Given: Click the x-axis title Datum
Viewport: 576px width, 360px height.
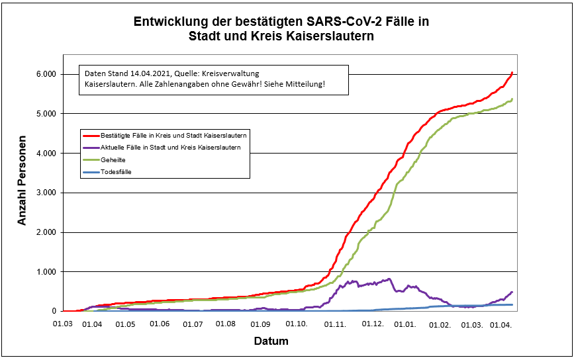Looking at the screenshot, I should click(271, 341).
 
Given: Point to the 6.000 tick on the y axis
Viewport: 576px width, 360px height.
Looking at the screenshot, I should click(47, 74).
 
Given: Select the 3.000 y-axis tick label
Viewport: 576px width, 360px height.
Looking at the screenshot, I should click(47, 193).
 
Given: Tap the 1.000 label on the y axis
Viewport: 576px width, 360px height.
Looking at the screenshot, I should click(47, 272).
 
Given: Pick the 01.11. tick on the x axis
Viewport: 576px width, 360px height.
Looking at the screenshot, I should click(334, 324).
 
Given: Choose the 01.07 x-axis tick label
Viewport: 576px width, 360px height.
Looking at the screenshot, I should click(193, 324).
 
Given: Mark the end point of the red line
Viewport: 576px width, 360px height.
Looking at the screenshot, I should click(512, 72).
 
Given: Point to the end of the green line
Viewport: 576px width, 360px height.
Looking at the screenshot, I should click(512, 99).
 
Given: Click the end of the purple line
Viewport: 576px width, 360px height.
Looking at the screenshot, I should click(512, 292).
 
